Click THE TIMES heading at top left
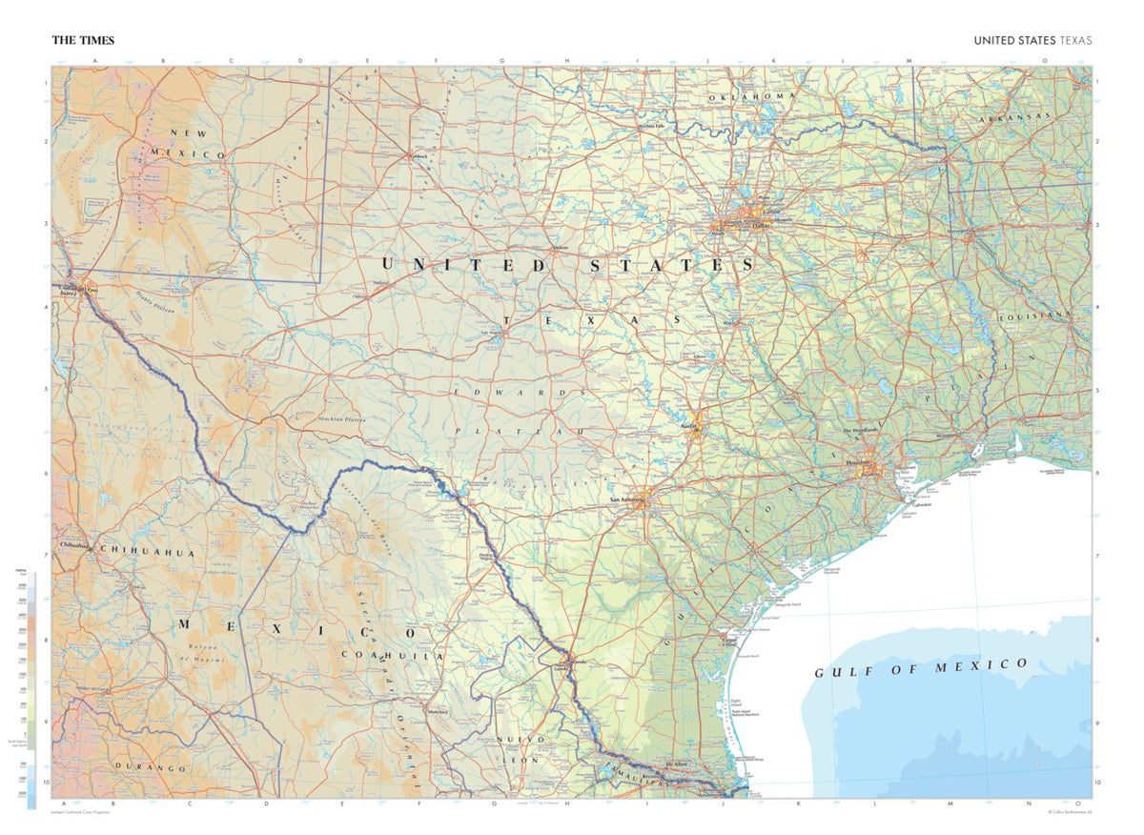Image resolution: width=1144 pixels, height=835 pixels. click(x=83, y=40)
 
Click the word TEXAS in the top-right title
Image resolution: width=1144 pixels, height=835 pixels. click(x=1075, y=40)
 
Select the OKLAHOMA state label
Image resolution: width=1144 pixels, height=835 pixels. click(x=751, y=96)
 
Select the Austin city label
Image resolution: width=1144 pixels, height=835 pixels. click(x=690, y=427)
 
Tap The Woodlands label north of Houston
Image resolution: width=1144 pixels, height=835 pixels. click(x=859, y=431)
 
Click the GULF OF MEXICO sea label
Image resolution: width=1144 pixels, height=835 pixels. click(x=921, y=667)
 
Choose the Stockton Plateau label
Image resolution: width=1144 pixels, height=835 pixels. click(x=342, y=419)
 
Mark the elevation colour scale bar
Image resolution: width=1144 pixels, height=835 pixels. click(x=32, y=686)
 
